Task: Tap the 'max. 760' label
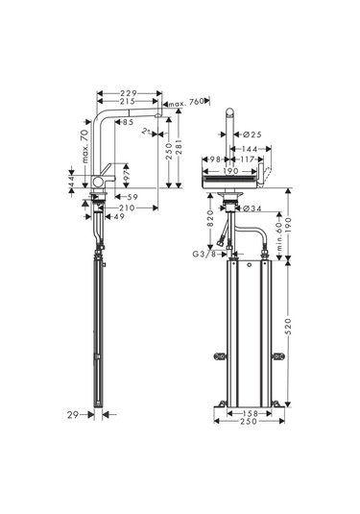tap(185, 101)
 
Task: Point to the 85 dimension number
tap(128, 122)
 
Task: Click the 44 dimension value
tap(71, 181)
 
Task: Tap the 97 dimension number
tap(126, 171)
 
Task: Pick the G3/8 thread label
tap(204, 253)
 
